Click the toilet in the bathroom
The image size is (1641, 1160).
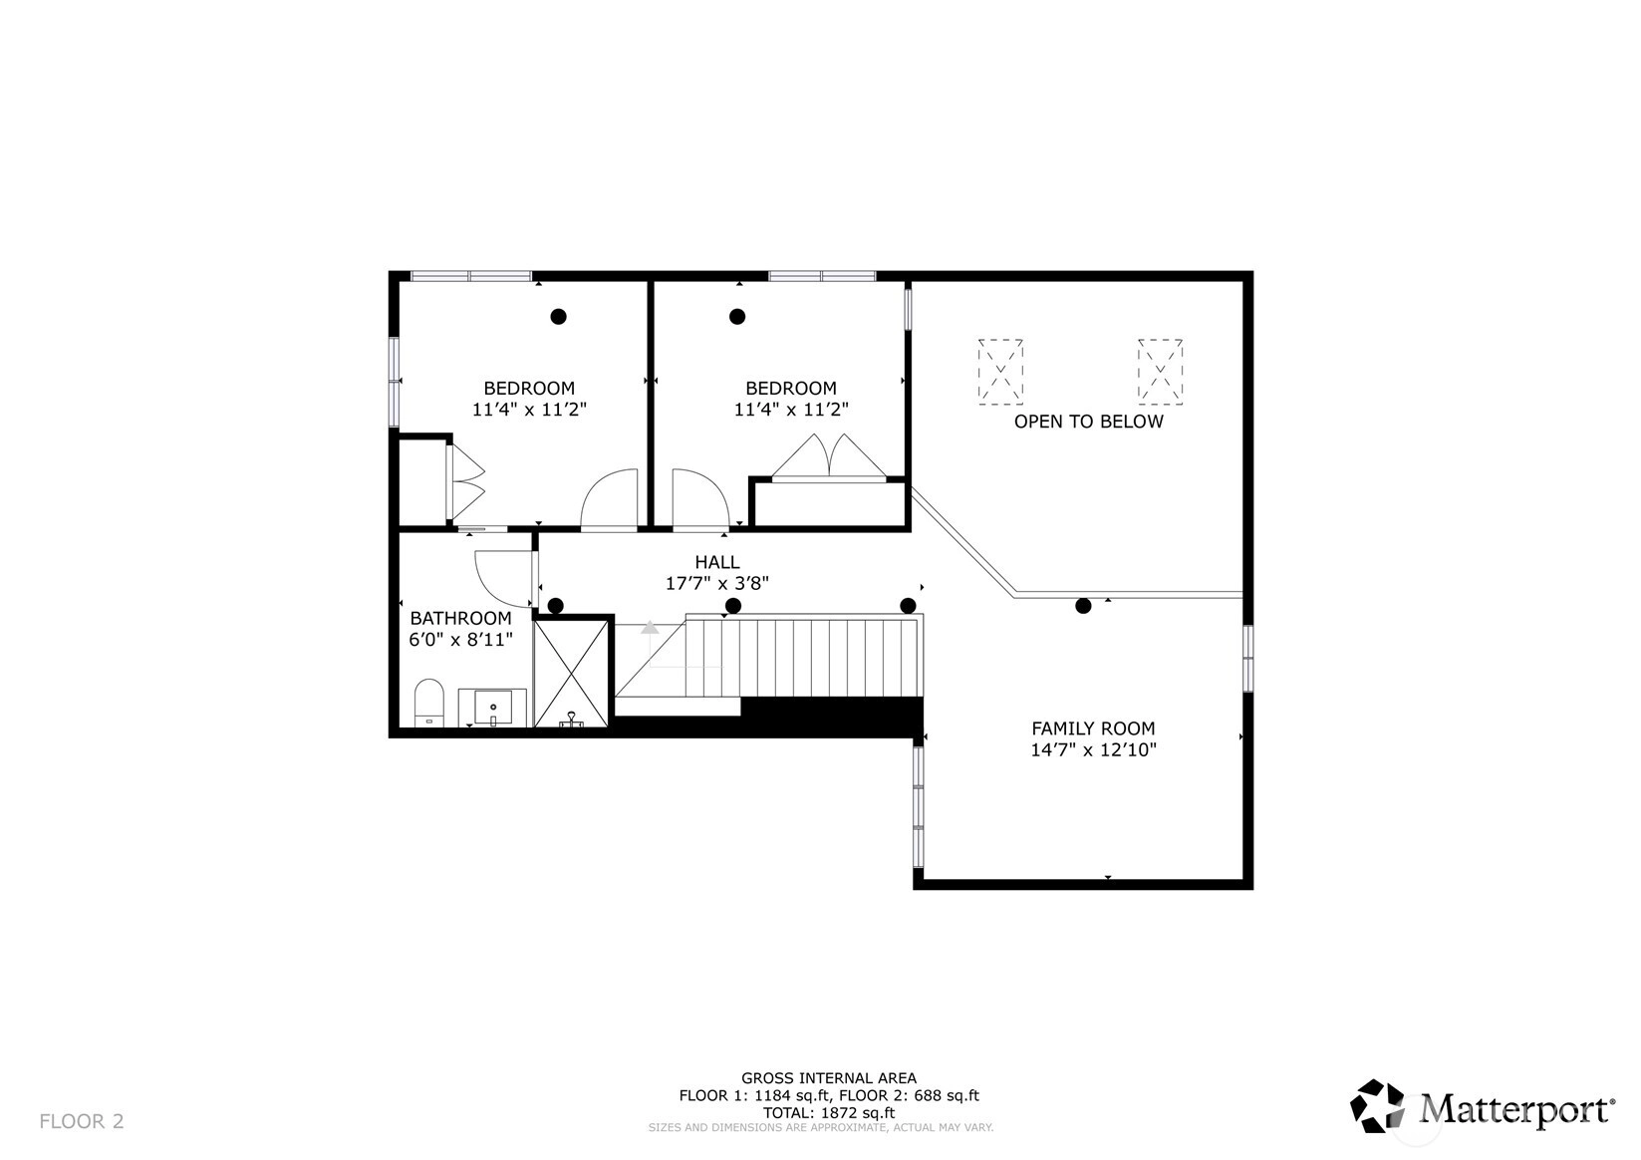coord(429,703)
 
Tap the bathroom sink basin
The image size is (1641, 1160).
coord(493,708)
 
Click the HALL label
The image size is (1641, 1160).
coord(717,562)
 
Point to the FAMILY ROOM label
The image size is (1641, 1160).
coord(1093,728)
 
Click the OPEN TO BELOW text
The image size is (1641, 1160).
coord(1089,422)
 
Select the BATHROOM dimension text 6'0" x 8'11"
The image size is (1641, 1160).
coord(460,640)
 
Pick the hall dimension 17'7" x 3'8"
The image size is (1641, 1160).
coord(717,583)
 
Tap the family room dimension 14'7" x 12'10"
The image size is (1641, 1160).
coord(1093,749)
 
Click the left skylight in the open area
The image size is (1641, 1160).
coord(1000,372)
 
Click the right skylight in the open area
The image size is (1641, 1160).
coord(1160,372)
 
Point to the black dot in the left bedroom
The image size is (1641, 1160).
coord(558,317)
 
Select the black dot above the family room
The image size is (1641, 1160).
coord(1083,606)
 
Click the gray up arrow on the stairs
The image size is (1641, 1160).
coord(650,627)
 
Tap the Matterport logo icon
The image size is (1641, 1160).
coord(1377,1105)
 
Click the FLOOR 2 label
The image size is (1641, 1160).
coord(82,1121)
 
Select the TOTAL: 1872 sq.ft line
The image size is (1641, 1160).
coord(829,1112)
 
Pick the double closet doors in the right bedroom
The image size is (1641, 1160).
coord(829,455)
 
